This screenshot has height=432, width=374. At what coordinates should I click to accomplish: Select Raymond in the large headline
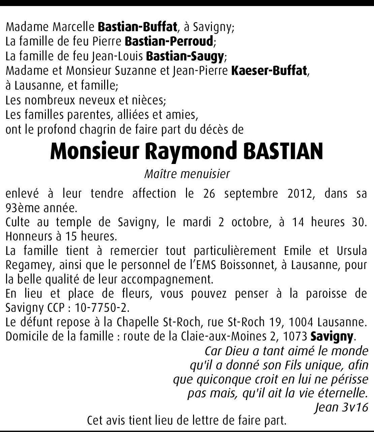point(191,152)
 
